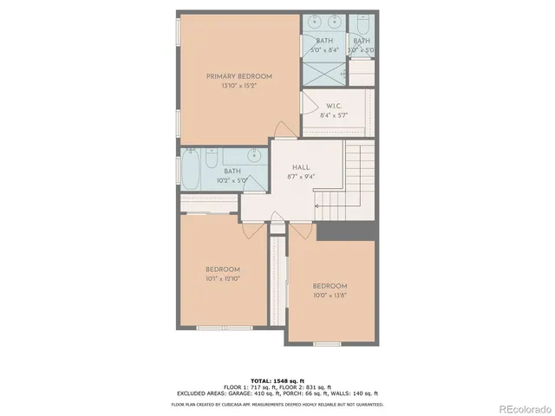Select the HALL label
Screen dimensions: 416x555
tap(301, 166)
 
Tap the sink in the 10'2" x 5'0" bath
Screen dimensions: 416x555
tap(254, 157)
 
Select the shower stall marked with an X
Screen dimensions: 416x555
tap(324, 75)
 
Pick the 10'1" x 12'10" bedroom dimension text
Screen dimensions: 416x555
tap(223, 279)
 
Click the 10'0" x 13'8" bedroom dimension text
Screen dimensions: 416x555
tap(330, 295)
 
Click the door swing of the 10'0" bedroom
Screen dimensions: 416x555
tap(301, 231)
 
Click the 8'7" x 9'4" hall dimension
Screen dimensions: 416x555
tap(301, 176)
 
